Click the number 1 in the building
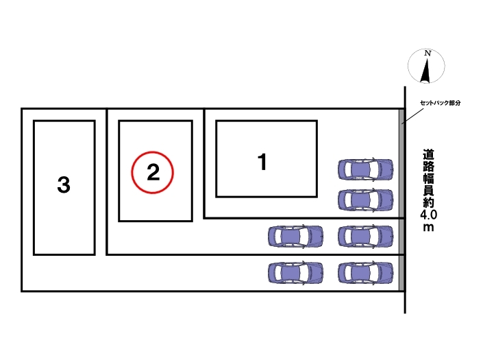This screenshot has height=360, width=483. (262, 162)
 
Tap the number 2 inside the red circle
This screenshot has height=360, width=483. (153, 172)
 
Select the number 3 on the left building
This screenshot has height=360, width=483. (64, 185)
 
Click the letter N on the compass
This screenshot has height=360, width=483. (428, 53)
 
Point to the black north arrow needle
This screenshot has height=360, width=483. (425, 71)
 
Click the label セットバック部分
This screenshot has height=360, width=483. (441, 103)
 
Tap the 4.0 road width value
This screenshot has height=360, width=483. (428, 215)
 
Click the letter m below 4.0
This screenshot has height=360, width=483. (428, 228)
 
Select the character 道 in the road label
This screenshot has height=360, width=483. (428, 155)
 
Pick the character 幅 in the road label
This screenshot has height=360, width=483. (428, 179)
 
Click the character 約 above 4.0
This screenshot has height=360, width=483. (428, 202)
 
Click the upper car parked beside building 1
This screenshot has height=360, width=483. (366, 169)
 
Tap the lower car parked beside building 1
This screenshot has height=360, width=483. (366, 200)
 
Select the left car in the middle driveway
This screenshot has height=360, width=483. (296, 237)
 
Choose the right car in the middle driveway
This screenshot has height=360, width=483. (366, 237)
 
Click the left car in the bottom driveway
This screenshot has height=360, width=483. (296, 272)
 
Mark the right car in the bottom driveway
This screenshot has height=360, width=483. (366, 272)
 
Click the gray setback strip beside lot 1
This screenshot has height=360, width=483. (401, 163)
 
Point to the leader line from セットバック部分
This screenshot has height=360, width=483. (412, 116)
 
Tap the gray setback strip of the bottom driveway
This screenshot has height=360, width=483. (401, 273)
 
